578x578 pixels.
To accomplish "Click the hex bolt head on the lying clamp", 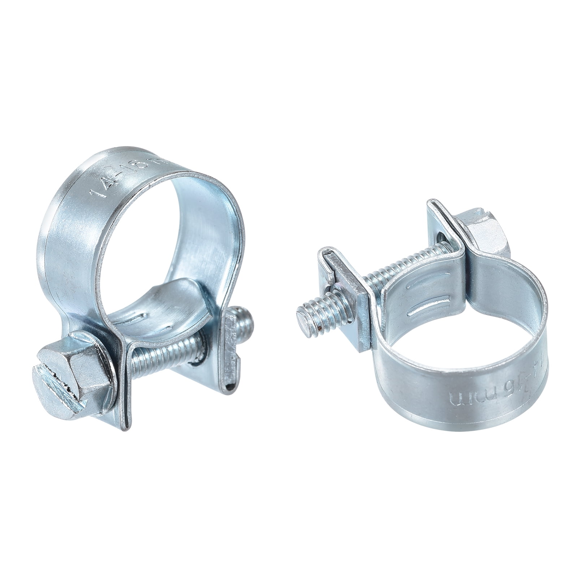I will tap(484, 235).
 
